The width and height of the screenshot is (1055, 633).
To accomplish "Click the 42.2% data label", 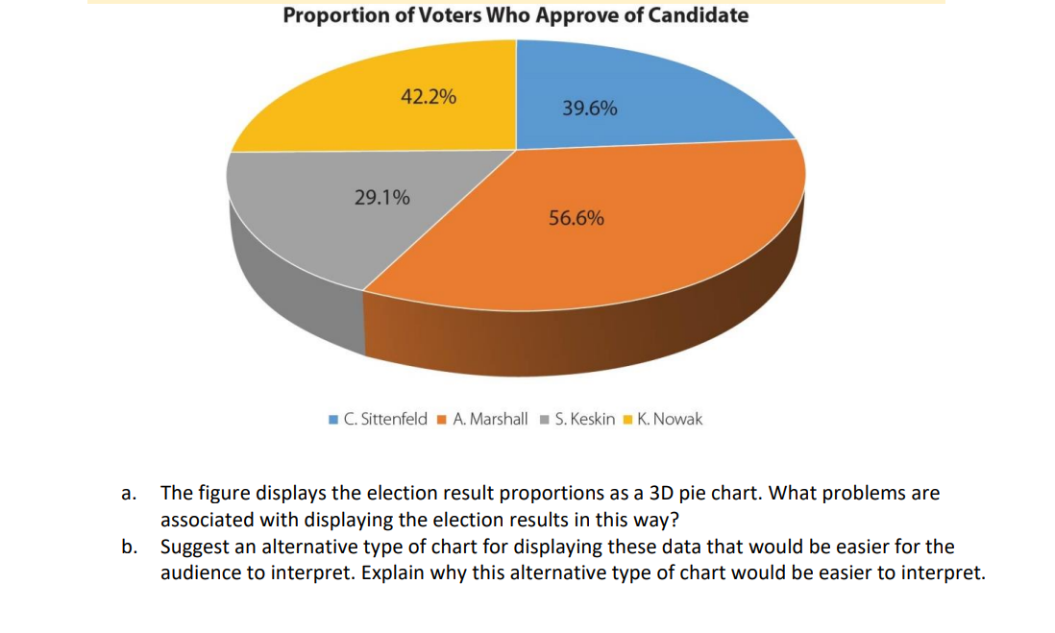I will (x=428, y=97).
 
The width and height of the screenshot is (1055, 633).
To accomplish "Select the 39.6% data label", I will (x=589, y=109).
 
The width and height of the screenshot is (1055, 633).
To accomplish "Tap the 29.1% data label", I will (x=381, y=199).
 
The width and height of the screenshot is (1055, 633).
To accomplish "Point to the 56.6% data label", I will (x=577, y=219).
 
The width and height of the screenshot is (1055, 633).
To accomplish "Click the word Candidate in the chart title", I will (x=699, y=15).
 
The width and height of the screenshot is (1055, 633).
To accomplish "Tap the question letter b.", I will (x=127, y=548).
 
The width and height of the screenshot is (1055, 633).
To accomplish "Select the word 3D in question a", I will (x=648, y=494).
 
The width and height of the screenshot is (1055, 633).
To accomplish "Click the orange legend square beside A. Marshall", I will (x=441, y=420).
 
